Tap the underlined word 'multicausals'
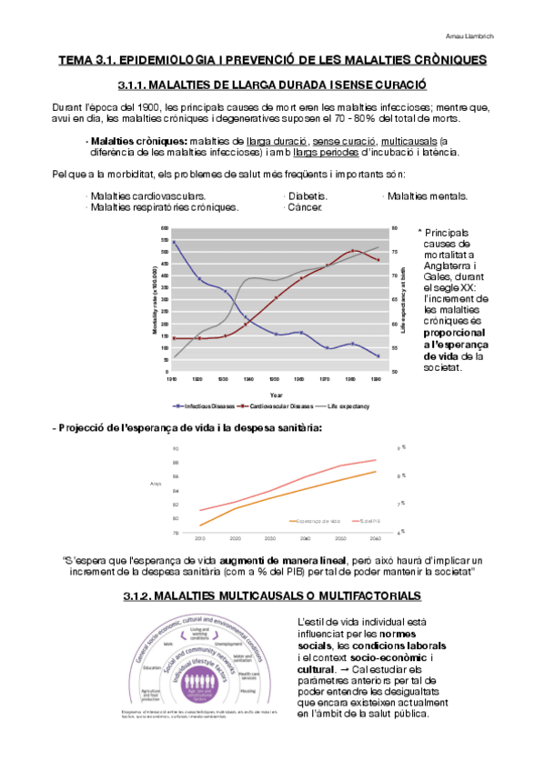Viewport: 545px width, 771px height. click(x=409, y=142)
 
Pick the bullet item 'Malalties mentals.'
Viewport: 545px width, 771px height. click(x=427, y=195)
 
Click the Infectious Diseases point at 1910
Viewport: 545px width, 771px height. click(x=175, y=242)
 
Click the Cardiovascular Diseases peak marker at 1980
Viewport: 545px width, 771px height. click(x=353, y=251)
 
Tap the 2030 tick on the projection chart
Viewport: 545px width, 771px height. click(x=270, y=538)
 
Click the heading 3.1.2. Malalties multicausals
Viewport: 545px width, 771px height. click(x=272, y=596)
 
